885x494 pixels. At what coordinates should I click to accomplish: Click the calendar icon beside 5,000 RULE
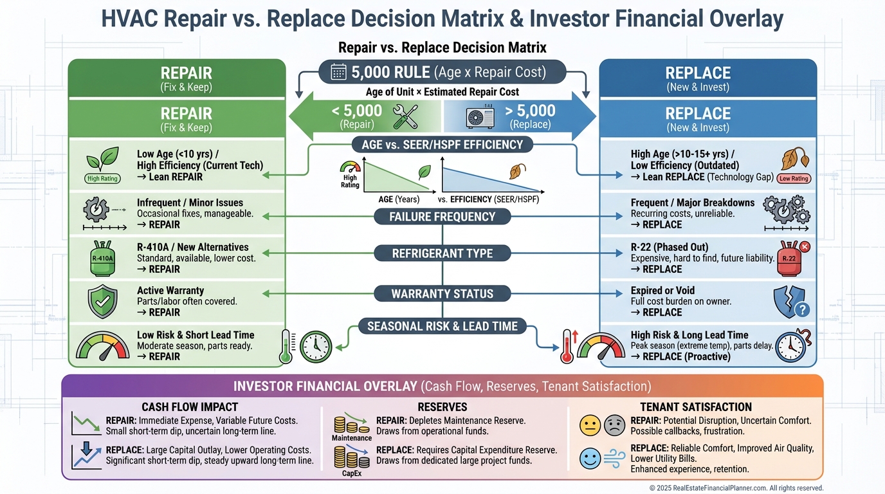(339, 72)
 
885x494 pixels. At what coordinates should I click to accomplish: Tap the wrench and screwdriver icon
(405, 116)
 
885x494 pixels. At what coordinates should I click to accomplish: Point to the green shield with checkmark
(102, 301)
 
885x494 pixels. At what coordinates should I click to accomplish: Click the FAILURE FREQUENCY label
(442, 217)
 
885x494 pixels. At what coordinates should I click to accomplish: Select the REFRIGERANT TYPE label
(442, 253)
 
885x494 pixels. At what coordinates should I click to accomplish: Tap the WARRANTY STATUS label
(442, 294)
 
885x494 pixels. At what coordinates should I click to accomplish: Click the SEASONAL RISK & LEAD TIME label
(442, 326)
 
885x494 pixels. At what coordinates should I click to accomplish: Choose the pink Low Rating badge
(794, 179)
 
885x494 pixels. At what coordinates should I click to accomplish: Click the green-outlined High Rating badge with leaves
(102, 178)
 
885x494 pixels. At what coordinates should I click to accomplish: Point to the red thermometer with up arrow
(567, 347)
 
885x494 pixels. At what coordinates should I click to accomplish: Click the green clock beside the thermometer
(315, 347)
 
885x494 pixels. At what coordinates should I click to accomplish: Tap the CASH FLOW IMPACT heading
(190, 407)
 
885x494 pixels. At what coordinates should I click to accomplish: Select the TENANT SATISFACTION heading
(696, 407)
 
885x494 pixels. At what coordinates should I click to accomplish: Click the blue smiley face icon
(590, 459)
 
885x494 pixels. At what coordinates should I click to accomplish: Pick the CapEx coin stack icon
(351, 457)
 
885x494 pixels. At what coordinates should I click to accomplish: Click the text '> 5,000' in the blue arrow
(531, 111)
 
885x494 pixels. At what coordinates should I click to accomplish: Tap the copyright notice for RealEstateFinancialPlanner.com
(736, 488)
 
